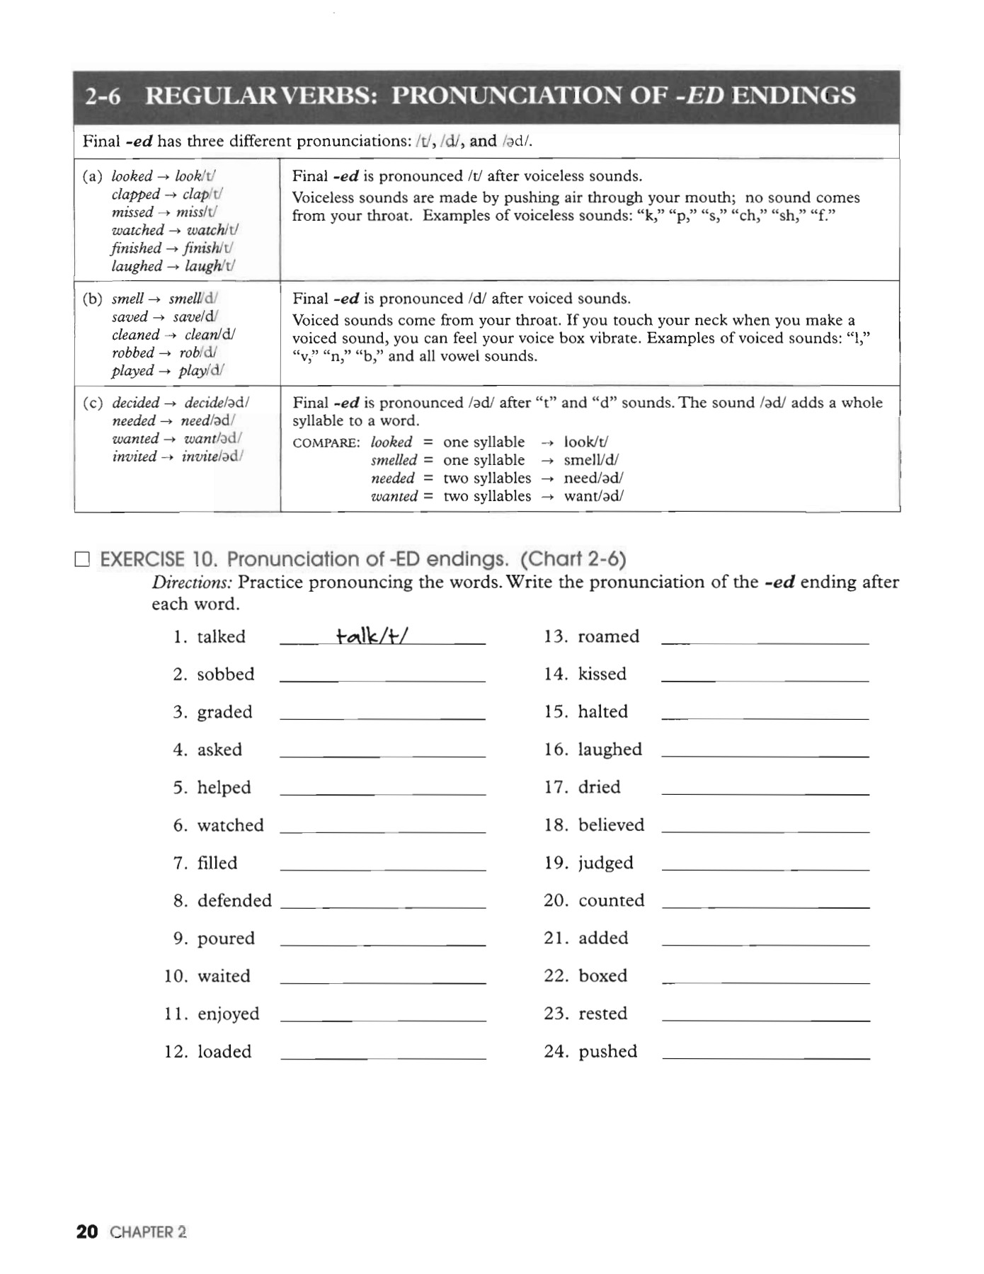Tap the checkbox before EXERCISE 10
[x=83, y=560]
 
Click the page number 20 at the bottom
[x=87, y=1232]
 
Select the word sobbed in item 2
[x=225, y=675]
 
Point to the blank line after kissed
[x=765, y=679]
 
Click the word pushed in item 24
[x=607, y=1052]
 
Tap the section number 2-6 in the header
[x=103, y=96]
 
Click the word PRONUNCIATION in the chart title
[x=530, y=96]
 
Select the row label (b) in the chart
[x=92, y=299]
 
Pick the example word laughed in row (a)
[x=137, y=266]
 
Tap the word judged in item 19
[x=605, y=863]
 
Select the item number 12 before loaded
[x=176, y=1052]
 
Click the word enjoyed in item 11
[x=228, y=1014]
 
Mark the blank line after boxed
[x=765, y=982]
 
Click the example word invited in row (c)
[x=134, y=457]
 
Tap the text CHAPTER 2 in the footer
[x=149, y=1232]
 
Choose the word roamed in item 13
[x=608, y=636]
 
